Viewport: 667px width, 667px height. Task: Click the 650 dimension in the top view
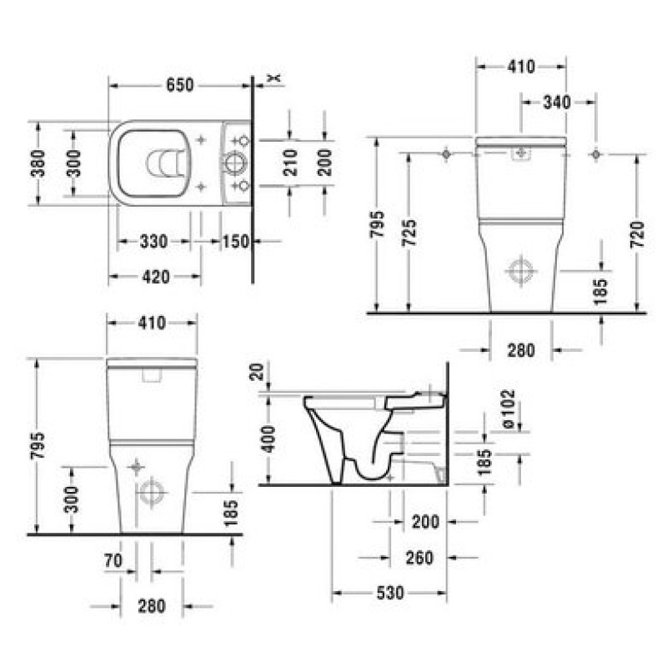(179, 85)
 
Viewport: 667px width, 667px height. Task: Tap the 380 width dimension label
(38, 163)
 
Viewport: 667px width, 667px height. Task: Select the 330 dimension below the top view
(153, 242)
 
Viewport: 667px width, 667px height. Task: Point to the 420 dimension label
(156, 277)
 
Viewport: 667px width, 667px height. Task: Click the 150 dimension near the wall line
(236, 242)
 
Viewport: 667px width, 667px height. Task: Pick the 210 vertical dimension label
(290, 163)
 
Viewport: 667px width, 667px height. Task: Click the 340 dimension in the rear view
(557, 102)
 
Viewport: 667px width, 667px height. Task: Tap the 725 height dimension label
(409, 233)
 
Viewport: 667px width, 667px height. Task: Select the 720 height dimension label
(637, 235)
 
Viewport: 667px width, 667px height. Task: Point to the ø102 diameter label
(509, 409)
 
